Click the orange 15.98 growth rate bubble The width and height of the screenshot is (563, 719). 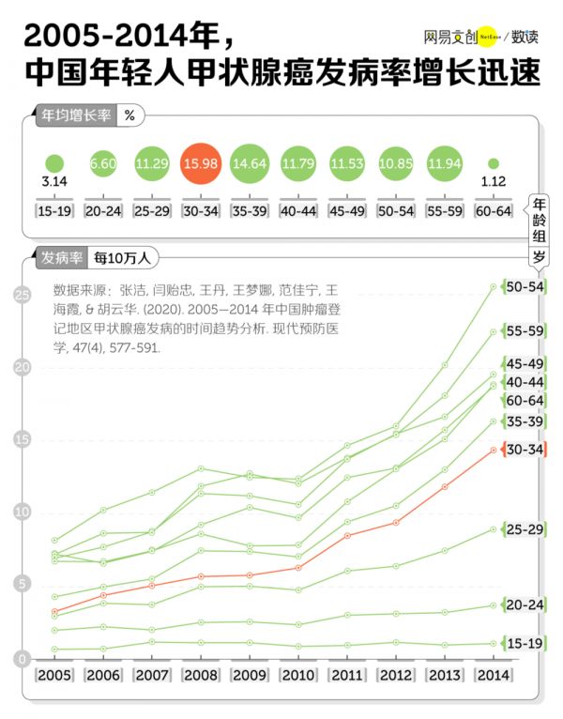(x=201, y=164)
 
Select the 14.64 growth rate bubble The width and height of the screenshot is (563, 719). (x=250, y=164)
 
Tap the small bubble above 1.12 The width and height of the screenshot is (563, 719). (x=494, y=163)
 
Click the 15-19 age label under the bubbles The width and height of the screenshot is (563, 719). (x=54, y=211)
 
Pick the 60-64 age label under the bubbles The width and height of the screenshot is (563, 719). (x=494, y=211)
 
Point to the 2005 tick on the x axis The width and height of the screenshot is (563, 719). (x=54, y=675)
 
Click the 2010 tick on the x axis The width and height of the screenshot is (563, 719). (x=298, y=675)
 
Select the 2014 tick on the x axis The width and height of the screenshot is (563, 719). (x=494, y=675)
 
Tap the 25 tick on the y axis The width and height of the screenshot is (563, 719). (x=21, y=296)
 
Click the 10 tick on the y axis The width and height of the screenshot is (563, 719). (x=21, y=512)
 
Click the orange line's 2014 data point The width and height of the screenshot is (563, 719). (x=494, y=450)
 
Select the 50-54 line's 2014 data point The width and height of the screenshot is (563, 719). (x=494, y=286)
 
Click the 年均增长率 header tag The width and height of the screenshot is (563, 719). (x=74, y=116)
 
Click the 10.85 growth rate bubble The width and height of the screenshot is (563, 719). (x=396, y=164)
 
